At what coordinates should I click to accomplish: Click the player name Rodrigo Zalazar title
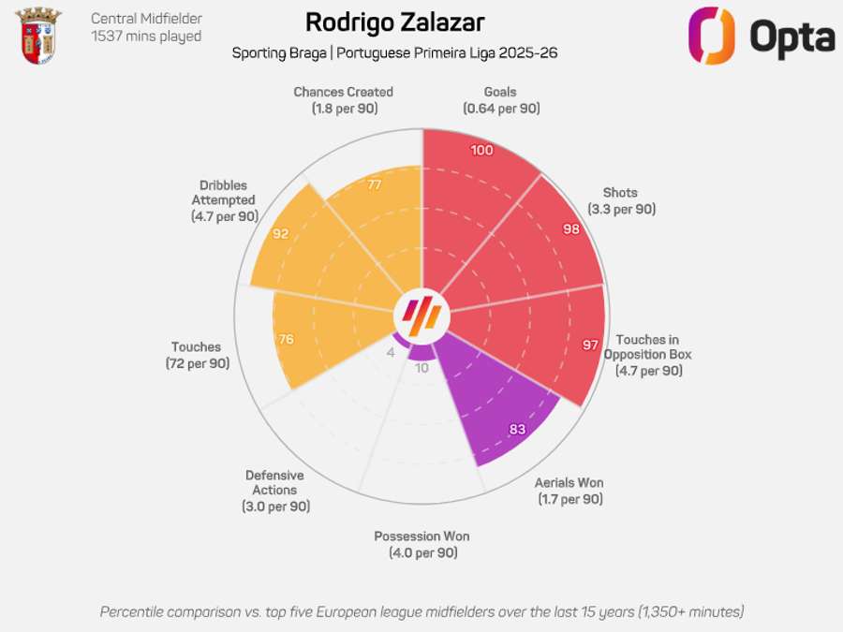click(395, 22)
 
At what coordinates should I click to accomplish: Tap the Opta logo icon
click(712, 37)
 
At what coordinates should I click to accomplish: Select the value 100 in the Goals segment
click(482, 151)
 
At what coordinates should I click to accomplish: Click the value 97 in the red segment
click(590, 345)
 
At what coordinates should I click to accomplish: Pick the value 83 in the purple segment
click(517, 430)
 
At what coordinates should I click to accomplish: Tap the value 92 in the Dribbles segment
click(281, 233)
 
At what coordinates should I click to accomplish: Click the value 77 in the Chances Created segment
click(375, 184)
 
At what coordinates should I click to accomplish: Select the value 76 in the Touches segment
click(287, 339)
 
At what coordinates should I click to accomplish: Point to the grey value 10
click(421, 368)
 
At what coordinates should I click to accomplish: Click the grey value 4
click(391, 353)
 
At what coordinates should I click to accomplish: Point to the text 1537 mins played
click(146, 37)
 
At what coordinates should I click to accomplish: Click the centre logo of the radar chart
click(421, 313)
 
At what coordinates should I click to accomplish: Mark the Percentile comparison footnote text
click(421, 611)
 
